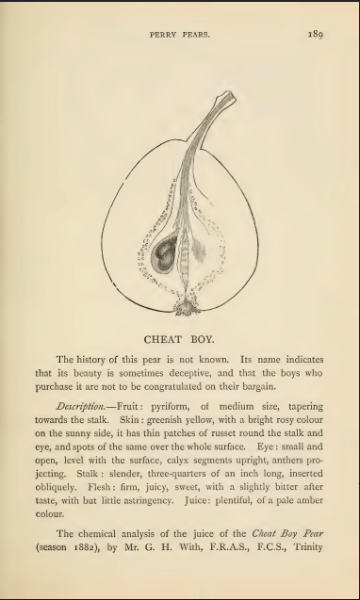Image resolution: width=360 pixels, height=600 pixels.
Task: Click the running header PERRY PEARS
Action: [x=179, y=36]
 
